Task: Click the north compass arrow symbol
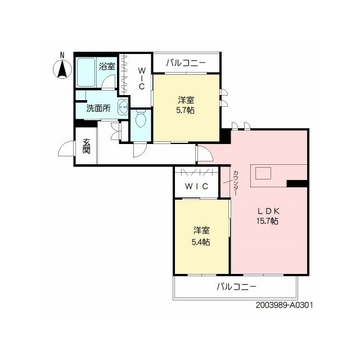click(x=62, y=69)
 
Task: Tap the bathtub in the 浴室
click(x=86, y=72)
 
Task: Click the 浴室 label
click(x=107, y=66)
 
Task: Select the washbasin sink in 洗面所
click(x=123, y=107)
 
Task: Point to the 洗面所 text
click(x=98, y=109)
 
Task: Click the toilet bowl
click(x=141, y=119)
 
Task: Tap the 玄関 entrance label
click(x=86, y=146)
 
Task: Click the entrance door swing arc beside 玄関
click(x=66, y=148)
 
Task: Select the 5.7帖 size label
click(x=185, y=110)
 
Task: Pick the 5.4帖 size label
click(x=201, y=242)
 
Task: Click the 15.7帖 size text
click(x=268, y=221)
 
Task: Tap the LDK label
click(x=268, y=210)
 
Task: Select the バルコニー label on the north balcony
click(x=186, y=62)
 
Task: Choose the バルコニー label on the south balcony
click(x=236, y=286)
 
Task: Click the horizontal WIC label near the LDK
click(x=196, y=186)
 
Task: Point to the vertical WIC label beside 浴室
click(x=141, y=78)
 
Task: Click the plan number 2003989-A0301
click(x=284, y=305)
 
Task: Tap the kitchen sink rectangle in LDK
click(x=263, y=173)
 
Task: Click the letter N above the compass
click(x=62, y=55)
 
